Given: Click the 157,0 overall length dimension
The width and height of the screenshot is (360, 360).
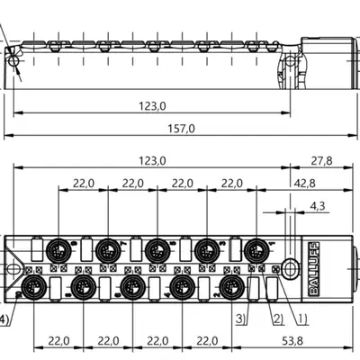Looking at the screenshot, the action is point(181,129).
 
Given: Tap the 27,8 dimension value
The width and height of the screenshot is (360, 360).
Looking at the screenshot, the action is point(321,161).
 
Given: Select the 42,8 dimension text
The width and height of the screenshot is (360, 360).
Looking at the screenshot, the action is point(304,184).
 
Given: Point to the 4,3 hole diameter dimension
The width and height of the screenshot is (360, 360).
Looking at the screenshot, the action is point(318,206).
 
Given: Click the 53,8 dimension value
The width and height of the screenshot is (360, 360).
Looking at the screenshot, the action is point(292,341).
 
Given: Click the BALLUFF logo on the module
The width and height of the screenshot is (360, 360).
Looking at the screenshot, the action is point(314,269).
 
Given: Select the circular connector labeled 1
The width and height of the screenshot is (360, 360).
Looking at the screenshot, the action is point(256,251).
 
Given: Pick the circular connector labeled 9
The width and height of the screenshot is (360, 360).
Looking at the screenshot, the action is point(58,251).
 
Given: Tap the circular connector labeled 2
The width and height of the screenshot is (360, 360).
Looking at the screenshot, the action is point(231,287).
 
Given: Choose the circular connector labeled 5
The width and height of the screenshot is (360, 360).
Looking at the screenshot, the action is point(157,251).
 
